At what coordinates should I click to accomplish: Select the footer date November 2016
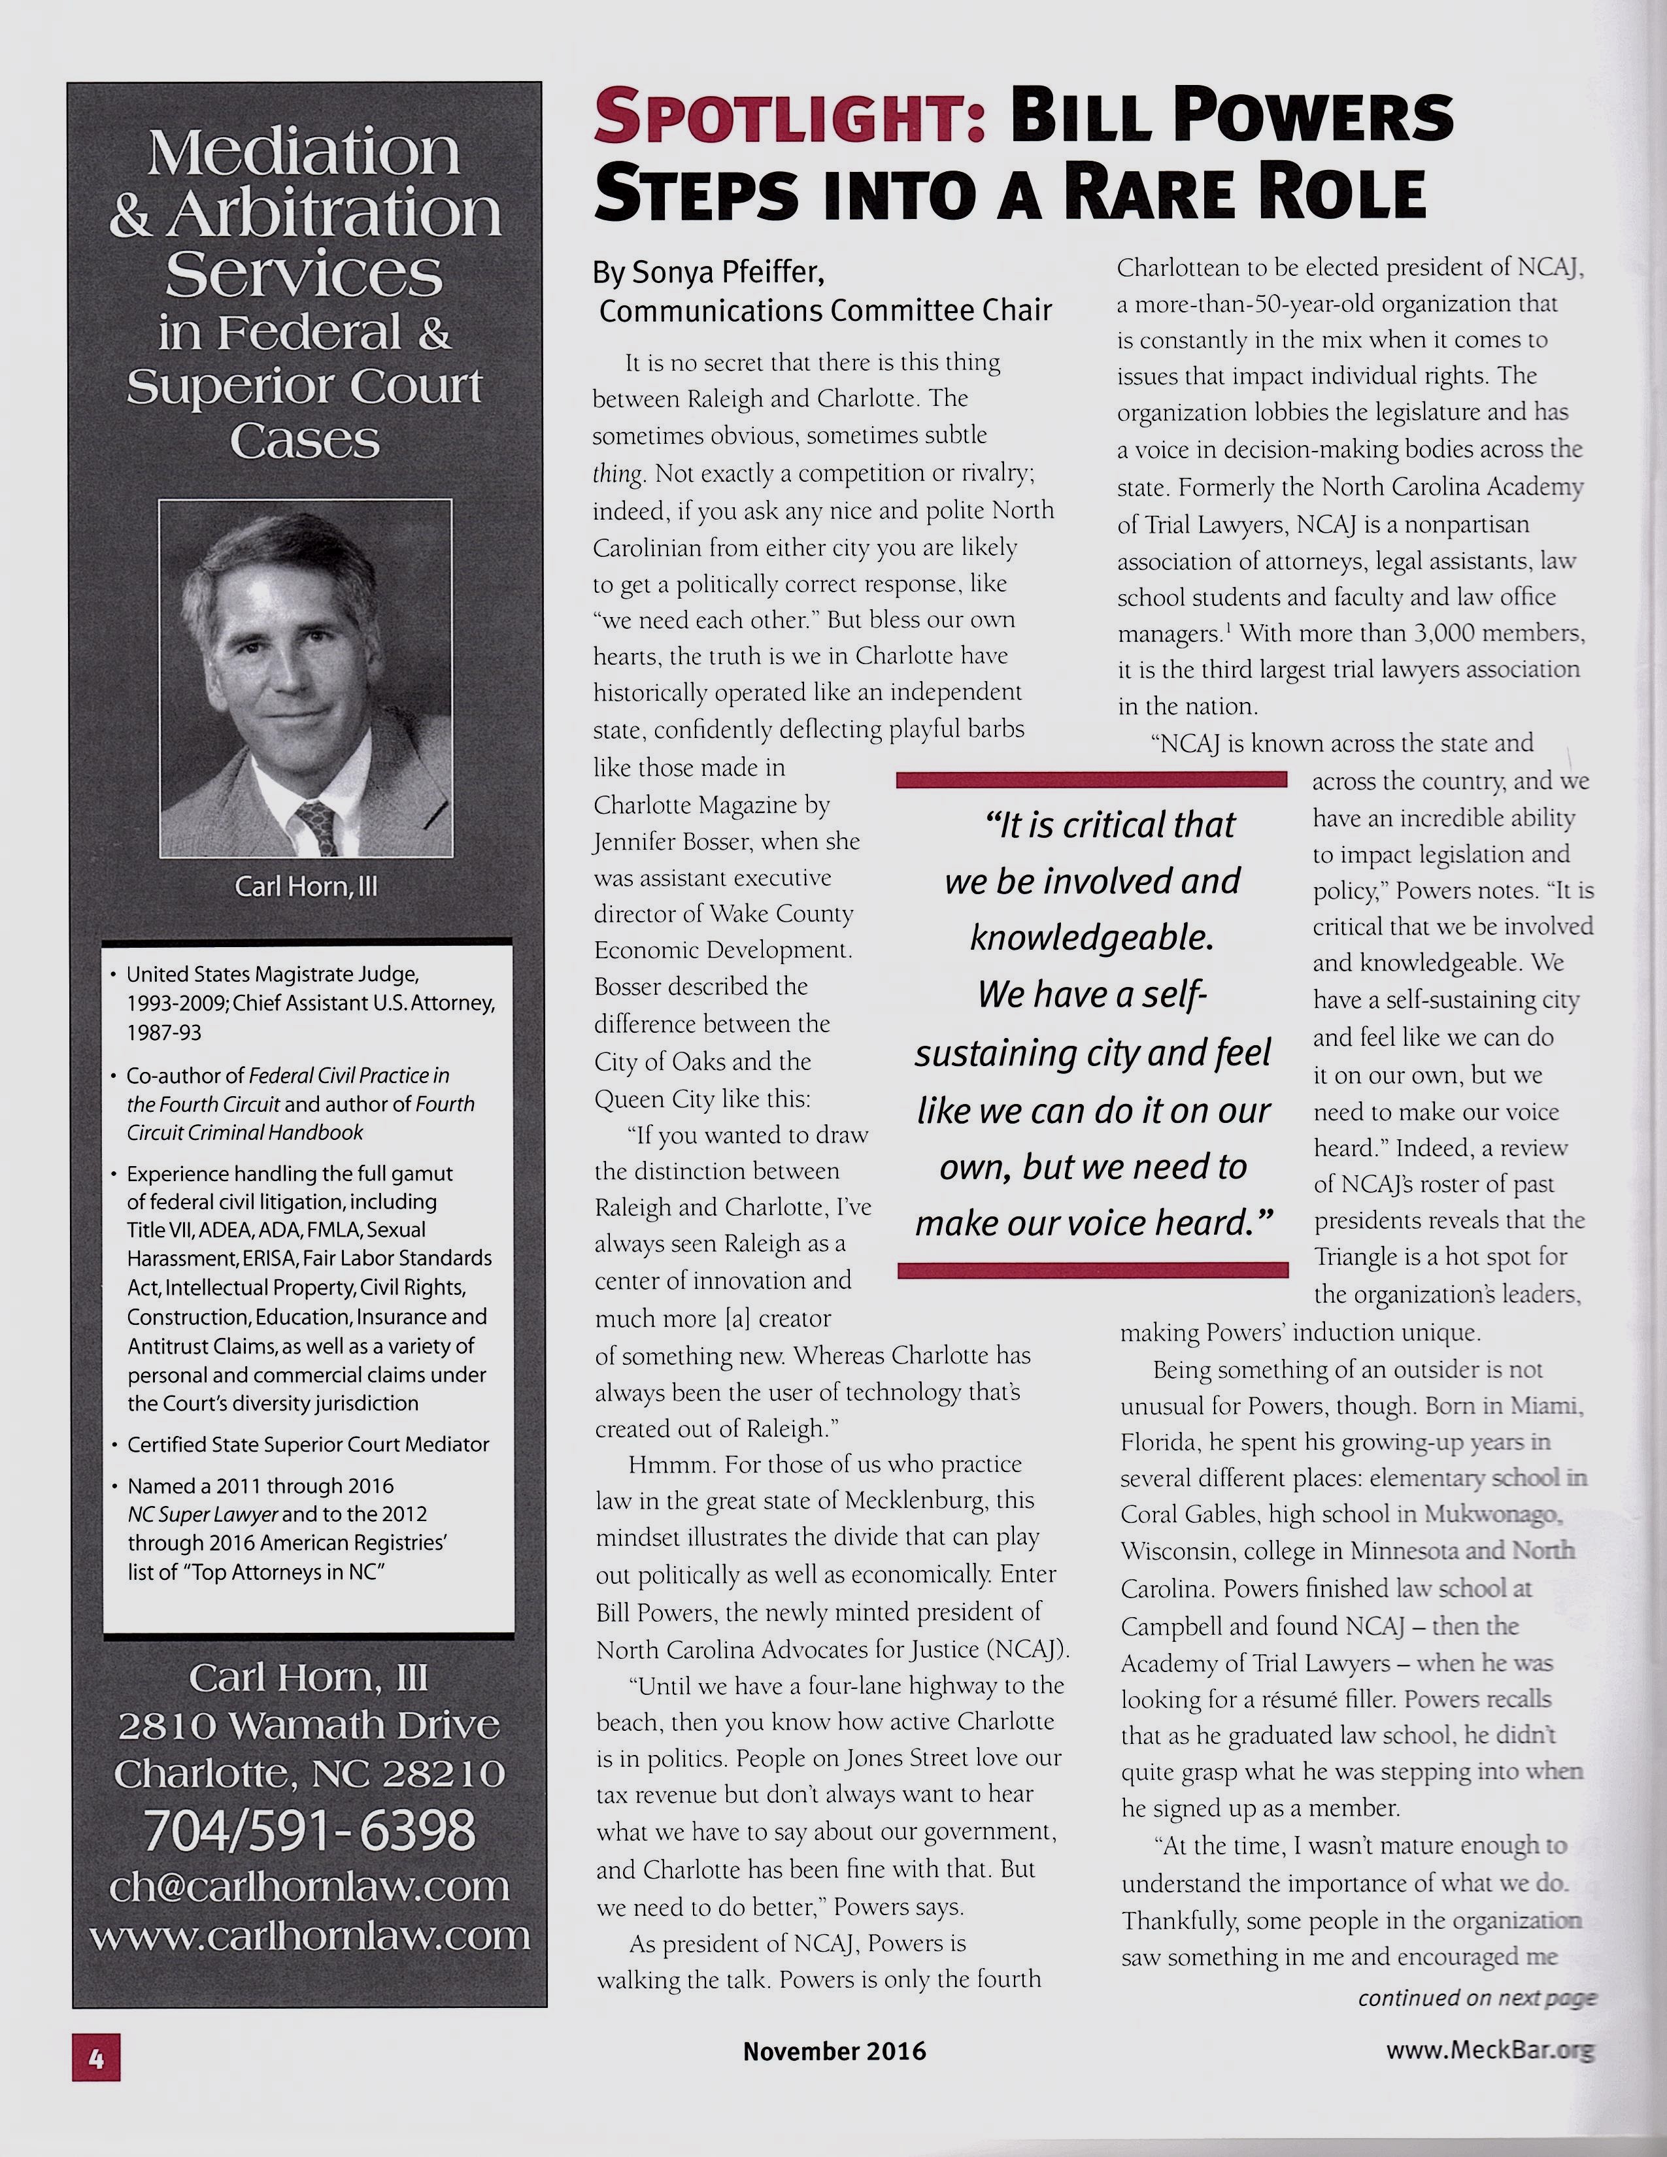[x=835, y=2051]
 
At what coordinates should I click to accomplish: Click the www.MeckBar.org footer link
[x=1489, y=2050]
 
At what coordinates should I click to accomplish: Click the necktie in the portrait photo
[x=318, y=827]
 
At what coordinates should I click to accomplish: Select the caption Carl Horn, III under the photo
[x=306, y=886]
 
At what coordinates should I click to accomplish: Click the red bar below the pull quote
[x=1092, y=1270]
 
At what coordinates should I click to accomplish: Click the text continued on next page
[x=1476, y=1998]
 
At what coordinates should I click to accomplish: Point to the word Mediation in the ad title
[x=303, y=153]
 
